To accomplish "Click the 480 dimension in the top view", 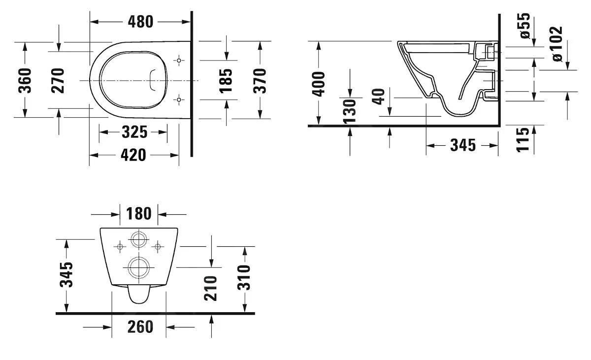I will [x=140, y=22].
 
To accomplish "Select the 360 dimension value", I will [x=25, y=80].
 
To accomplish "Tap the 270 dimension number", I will [x=58, y=80].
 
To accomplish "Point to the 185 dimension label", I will [x=226, y=80].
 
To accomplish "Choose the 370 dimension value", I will [x=260, y=80].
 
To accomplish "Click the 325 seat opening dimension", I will [x=133, y=132].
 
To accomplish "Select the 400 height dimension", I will [x=319, y=84].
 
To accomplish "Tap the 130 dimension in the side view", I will [x=349, y=112].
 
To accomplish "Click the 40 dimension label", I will [x=378, y=97].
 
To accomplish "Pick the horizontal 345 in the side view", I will [x=463, y=145].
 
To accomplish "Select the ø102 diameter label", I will [x=558, y=44].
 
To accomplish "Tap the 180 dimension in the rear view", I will [x=139, y=214].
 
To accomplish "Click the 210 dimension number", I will [x=211, y=289].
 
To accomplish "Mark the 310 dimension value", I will [x=244, y=277].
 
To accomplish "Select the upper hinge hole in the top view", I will [x=179, y=61].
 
